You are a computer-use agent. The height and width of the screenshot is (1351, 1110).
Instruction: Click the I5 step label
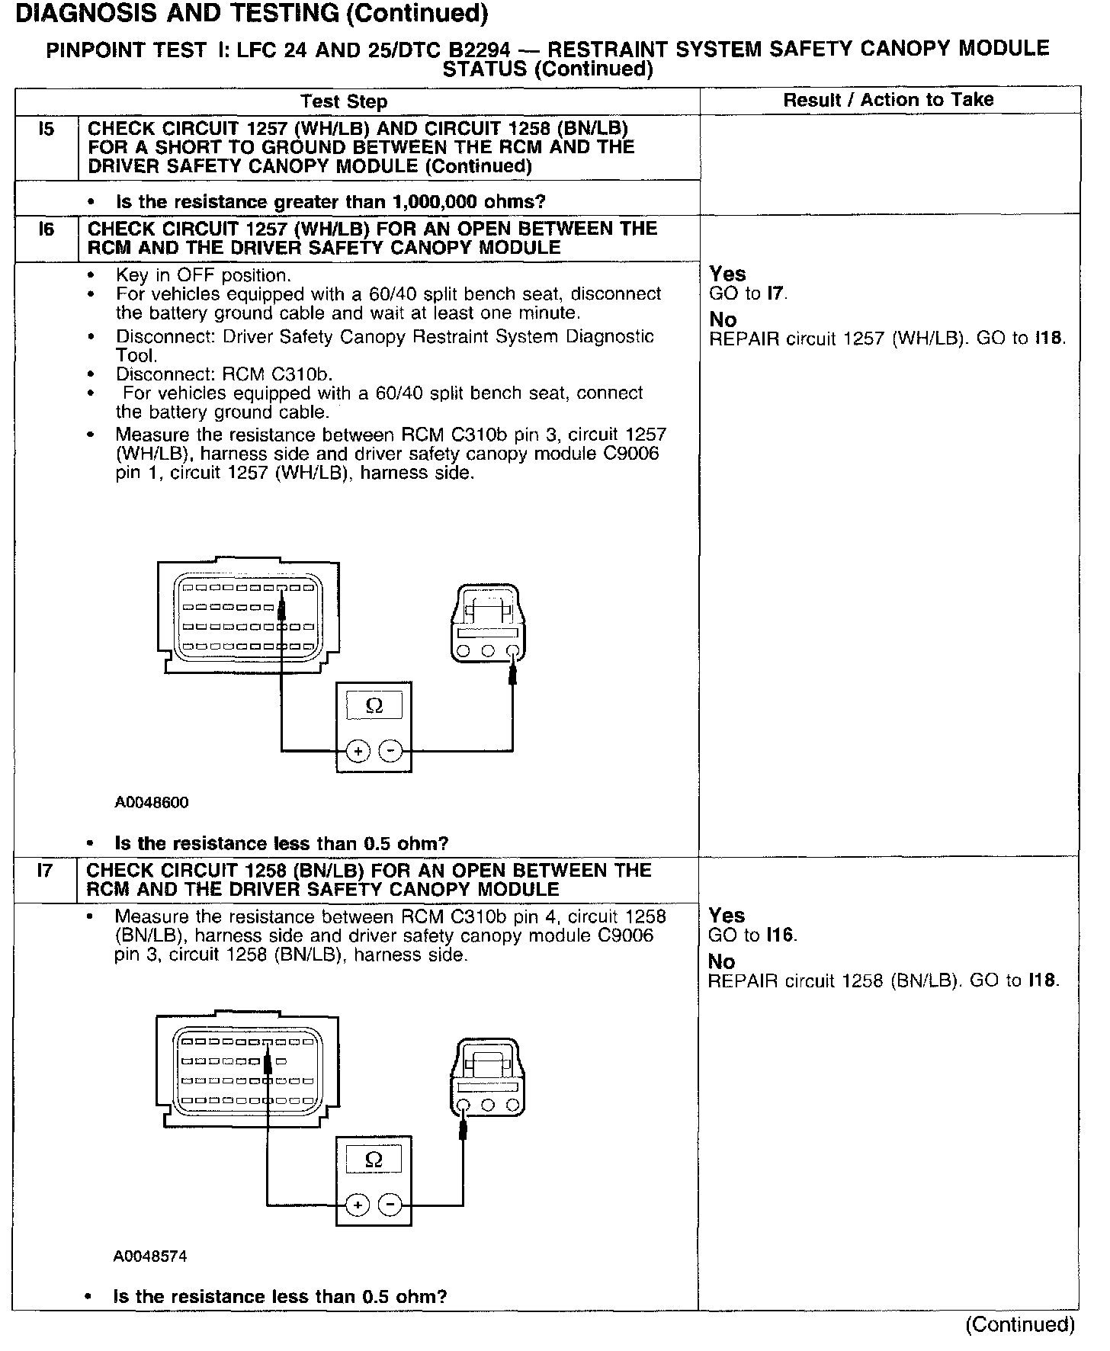click(47, 129)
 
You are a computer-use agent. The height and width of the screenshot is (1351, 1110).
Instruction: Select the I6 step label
click(47, 229)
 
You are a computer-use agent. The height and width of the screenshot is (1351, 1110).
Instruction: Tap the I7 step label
click(46, 870)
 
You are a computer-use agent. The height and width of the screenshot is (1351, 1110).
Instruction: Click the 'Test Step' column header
click(344, 101)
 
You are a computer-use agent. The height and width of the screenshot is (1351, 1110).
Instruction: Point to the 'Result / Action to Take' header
click(888, 100)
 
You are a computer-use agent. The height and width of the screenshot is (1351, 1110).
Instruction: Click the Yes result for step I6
click(727, 274)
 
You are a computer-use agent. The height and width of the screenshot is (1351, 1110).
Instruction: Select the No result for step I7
click(721, 961)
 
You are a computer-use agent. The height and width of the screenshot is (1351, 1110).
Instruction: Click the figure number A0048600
click(152, 802)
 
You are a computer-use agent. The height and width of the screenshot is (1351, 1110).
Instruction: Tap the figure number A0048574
click(150, 1256)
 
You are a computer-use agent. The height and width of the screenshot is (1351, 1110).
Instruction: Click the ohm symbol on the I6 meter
click(374, 706)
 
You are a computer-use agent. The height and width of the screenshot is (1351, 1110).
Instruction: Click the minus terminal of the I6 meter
click(391, 751)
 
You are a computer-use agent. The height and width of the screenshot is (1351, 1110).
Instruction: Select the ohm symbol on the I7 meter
click(374, 1160)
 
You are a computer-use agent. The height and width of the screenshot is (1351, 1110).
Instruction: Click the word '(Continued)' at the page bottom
click(1020, 1324)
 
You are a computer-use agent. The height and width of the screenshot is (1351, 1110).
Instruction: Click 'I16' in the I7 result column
click(781, 935)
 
